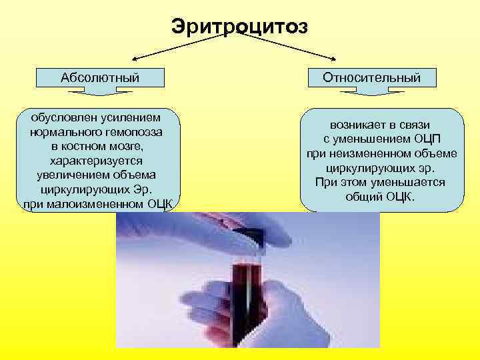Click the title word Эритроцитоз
[x=239, y=27]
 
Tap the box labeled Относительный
[x=371, y=77]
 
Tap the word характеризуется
[x=97, y=161]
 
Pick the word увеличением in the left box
[x=71, y=175]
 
